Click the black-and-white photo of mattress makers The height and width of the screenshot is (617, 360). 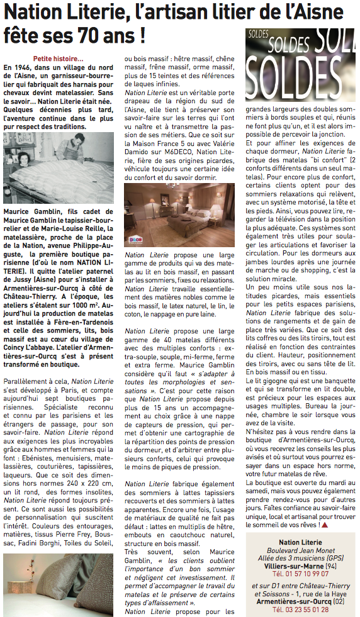tap(59, 168)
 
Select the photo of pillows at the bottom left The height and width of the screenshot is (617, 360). tap(59, 584)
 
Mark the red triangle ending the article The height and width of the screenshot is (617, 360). tap(324, 523)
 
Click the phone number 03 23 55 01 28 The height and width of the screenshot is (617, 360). tap(300, 610)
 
